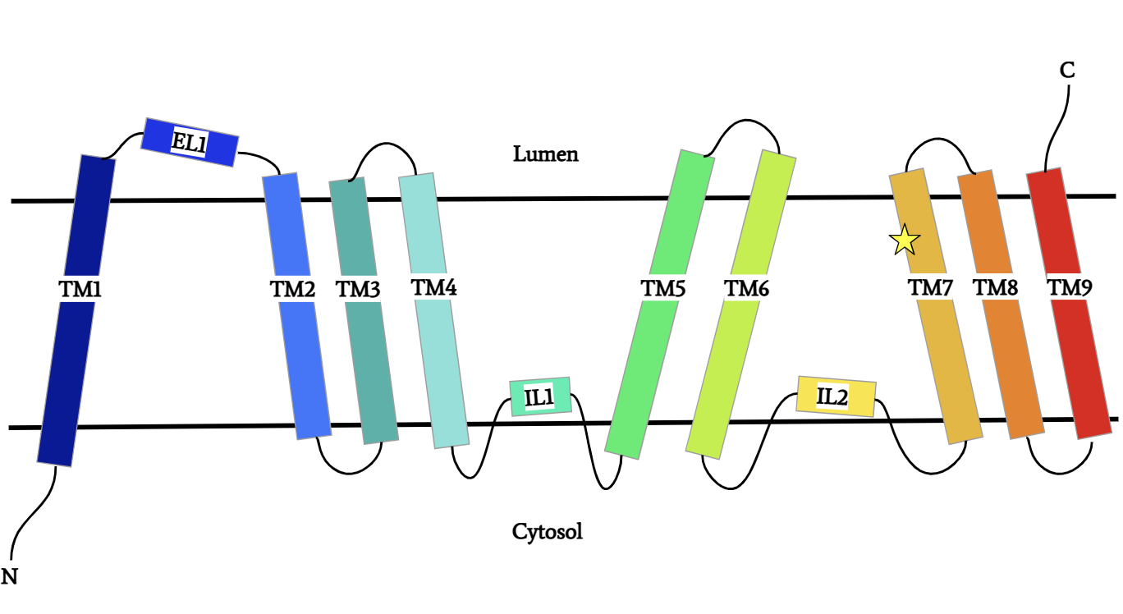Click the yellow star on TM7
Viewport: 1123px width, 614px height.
pos(905,240)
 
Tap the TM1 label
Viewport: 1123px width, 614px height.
pos(80,288)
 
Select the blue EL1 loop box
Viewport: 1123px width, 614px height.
pos(190,142)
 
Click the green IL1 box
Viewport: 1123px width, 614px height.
pos(539,397)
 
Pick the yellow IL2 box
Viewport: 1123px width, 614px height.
pos(836,396)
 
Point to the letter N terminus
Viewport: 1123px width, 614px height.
pos(10,576)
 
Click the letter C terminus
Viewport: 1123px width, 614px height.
pos(1066,71)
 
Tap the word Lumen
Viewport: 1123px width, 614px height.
pos(545,153)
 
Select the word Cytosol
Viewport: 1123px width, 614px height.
pos(547,532)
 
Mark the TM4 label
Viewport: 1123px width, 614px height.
pos(433,287)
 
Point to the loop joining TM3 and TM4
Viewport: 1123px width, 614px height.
pos(384,148)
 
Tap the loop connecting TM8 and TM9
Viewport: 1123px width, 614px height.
pos(1060,470)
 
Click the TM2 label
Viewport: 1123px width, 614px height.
pos(292,289)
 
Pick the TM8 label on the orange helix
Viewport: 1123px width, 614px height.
pos(995,287)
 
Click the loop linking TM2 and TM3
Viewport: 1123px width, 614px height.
pos(350,470)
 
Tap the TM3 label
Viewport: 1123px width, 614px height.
pos(358,289)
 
